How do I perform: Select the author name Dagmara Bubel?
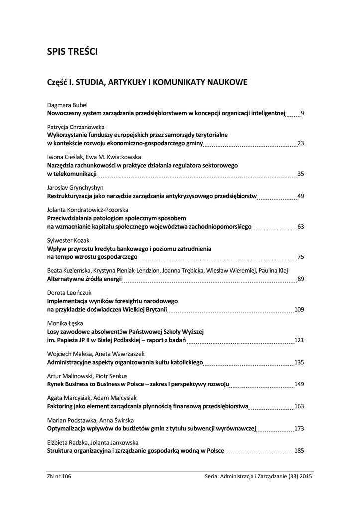[x=67, y=106]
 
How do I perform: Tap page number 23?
[x=300, y=143]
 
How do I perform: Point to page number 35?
[x=300, y=174]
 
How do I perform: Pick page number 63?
[x=300, y=227]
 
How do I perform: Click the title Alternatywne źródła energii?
[x=84, y=279]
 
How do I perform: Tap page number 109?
[x=299, y=309]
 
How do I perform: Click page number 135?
[x=299, y=362]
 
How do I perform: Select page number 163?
[x=299, y=406]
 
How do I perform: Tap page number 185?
[x=299, y=451]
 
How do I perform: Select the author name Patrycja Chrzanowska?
[x=73, y=127]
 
